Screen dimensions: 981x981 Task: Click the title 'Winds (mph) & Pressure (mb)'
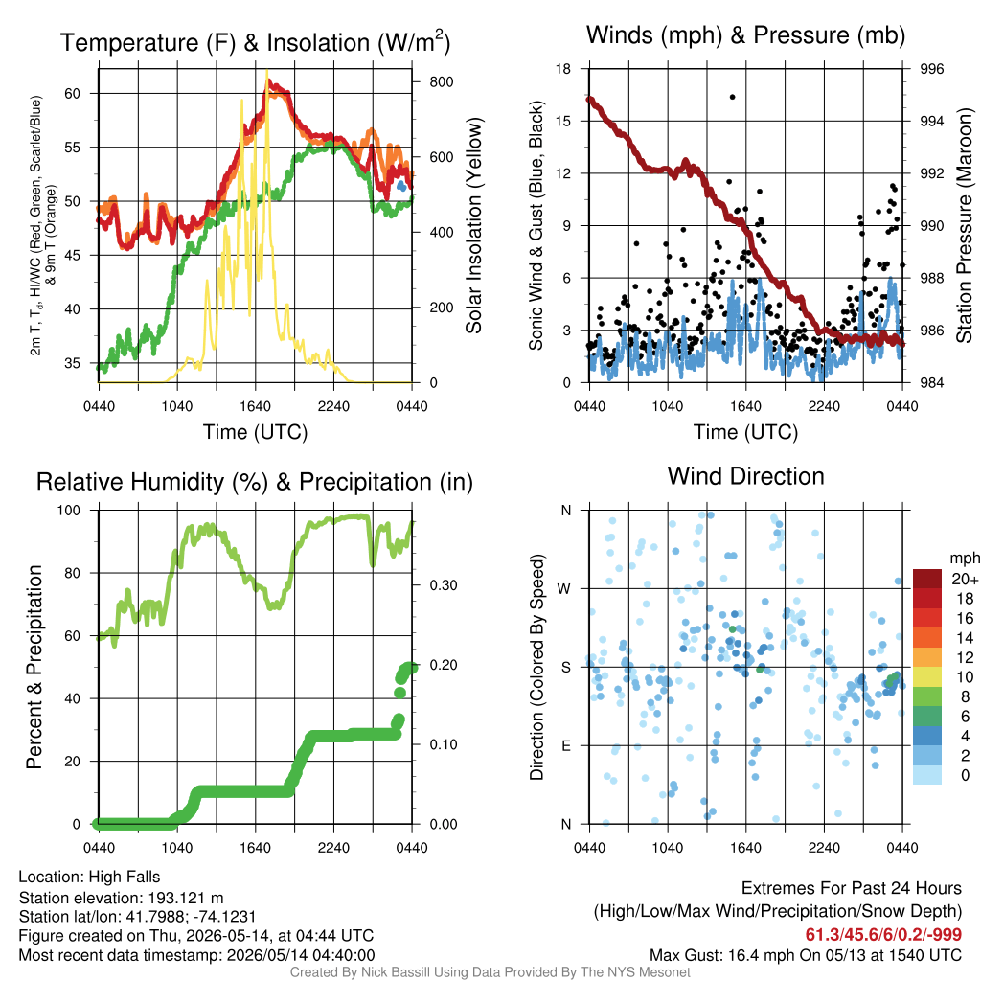tap(745, 35)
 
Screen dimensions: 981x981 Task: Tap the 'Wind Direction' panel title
tap(745, 476)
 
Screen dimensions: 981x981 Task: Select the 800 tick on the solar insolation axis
tap(441, 82)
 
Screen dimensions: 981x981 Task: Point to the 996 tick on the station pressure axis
tap(931, 69)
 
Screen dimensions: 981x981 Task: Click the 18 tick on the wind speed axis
tap(563, 69)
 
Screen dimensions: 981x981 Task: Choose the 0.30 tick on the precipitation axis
tap(444, 585)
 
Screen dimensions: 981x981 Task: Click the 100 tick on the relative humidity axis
tap(69, 510)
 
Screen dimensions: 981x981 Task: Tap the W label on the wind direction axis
tap(564, 589)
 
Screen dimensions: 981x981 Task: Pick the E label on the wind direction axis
tap(565, 745)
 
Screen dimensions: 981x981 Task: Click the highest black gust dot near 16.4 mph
tap(733, 97)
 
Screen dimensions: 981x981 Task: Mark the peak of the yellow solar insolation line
tap(267, 71)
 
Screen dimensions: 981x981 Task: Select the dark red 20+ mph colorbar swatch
tap(927, 579)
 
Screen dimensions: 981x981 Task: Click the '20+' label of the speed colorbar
tap(965, 580)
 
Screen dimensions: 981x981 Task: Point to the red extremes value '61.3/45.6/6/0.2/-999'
tap(882, 935)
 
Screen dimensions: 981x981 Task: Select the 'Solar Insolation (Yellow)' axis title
tap(474, 225)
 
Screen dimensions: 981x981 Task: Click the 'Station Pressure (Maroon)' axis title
tap(964, 225)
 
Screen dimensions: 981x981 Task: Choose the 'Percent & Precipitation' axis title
tap(34, 667)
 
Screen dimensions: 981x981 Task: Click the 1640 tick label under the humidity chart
tap(255, 848)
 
